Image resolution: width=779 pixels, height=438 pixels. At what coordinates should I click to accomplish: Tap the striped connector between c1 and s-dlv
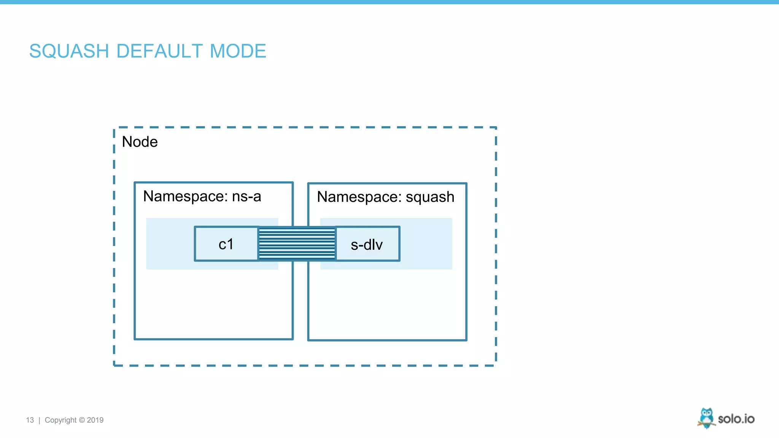(x=297, y=244)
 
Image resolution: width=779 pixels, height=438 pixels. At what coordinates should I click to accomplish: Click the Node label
(x=140, y=142)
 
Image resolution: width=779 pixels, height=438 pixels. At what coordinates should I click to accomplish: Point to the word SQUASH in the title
(x=69, y=51)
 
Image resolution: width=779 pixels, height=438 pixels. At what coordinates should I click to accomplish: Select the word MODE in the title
(x=238, y=51)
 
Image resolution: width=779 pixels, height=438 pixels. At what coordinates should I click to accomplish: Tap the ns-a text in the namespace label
(x=246, y=197)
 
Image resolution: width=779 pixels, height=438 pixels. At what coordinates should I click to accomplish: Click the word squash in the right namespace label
(x=430, y=197)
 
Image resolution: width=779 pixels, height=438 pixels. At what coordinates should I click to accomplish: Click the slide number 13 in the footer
(x=30, y=420)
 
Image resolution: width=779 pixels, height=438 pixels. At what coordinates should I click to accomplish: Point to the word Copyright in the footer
(x=61, y=420)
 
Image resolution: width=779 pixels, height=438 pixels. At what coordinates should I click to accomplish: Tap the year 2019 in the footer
(x=95, y=420)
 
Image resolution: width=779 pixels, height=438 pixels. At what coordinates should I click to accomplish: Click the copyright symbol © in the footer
(x=82, y=420)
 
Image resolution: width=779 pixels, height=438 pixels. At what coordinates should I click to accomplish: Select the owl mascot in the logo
(x=706, y=418)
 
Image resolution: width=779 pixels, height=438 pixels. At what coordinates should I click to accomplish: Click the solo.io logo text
(x=736, y=419)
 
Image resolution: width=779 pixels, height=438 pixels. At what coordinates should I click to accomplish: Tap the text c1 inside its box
(x=226, y=244)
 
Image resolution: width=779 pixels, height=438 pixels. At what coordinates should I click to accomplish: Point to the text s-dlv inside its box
(x=367, y=245)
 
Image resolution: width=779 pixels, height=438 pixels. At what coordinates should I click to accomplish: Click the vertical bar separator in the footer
(x=40, y=420)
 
